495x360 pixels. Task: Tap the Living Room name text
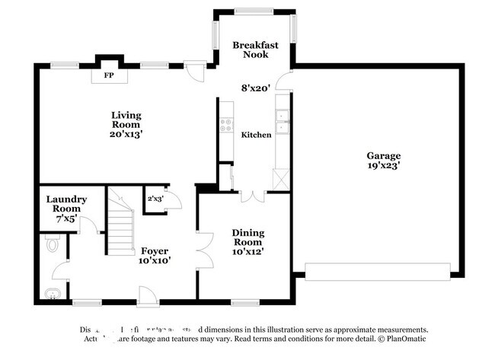[126, 120]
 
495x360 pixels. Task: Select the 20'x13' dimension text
[126, 134]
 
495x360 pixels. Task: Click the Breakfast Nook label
[256, 49]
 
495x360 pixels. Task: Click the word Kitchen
[256, 135]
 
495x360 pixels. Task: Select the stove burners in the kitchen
[225, 127]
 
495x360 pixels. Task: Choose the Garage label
[383, 155]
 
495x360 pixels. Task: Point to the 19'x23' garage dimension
[383, 164]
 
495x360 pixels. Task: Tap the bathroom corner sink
[51, 294]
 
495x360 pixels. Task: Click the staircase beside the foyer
[120, 224]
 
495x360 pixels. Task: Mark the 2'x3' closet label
[155, 199]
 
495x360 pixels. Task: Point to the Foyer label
[154, 250]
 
